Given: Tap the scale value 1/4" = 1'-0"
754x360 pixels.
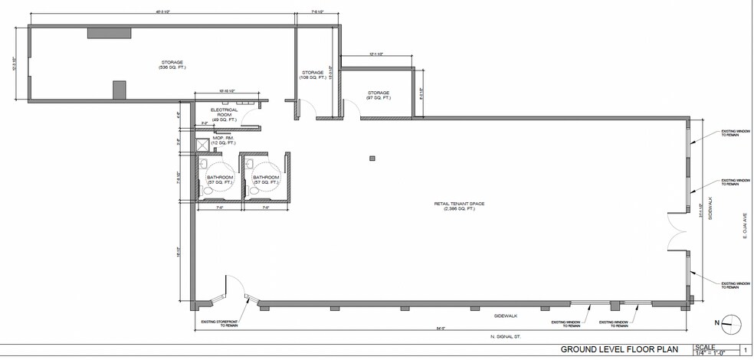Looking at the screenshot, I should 711,353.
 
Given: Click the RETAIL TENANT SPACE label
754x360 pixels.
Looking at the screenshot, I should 451,205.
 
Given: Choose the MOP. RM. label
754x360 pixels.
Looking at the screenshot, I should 224,140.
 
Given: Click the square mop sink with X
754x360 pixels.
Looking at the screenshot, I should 203,143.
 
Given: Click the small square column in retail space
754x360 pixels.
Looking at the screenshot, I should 372,158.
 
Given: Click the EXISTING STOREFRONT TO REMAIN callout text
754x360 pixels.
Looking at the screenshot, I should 220,324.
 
